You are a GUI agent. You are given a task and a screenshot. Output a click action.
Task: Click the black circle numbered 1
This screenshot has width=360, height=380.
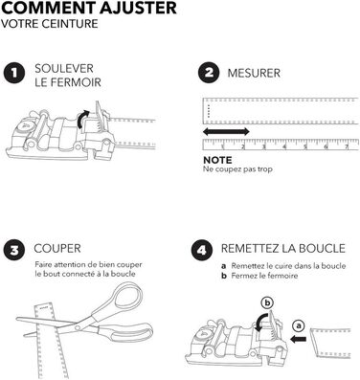(14, 73)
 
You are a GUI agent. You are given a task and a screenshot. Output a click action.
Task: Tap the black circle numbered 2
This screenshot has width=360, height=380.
(209, 73)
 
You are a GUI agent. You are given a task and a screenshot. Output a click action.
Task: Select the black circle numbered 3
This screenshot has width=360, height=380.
(14, 251)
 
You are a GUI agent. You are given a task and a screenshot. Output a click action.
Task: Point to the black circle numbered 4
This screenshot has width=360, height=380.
(202, 251)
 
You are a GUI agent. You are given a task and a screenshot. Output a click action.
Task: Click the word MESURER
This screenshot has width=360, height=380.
(254, 73)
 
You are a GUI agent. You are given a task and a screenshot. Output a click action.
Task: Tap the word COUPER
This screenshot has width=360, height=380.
(57, 249)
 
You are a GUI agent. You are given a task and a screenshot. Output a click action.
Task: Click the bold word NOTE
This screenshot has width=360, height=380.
(217, 160)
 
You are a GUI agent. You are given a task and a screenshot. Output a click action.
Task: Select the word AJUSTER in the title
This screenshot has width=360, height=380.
(138, 8)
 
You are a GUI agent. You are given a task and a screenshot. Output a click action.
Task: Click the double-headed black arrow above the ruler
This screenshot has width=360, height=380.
(226, 131)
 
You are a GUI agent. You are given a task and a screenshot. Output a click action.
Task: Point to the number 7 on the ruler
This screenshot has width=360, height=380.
(347, 146)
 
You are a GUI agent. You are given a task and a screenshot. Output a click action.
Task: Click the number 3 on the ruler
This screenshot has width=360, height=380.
(264, 146)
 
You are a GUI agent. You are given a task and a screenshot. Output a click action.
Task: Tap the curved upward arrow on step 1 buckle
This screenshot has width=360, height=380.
(82, 119)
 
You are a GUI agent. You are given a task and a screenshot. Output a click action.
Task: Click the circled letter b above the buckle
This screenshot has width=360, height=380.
(267, 302)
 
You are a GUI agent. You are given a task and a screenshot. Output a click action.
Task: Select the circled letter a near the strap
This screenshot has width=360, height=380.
(299, 325)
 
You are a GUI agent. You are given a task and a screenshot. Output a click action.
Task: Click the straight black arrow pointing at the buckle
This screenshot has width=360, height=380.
(298, 340)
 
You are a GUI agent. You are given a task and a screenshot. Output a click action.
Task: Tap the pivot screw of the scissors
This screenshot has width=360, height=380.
(78, 327)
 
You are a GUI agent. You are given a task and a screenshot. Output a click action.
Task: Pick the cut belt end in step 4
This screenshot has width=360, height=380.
(330, 342)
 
